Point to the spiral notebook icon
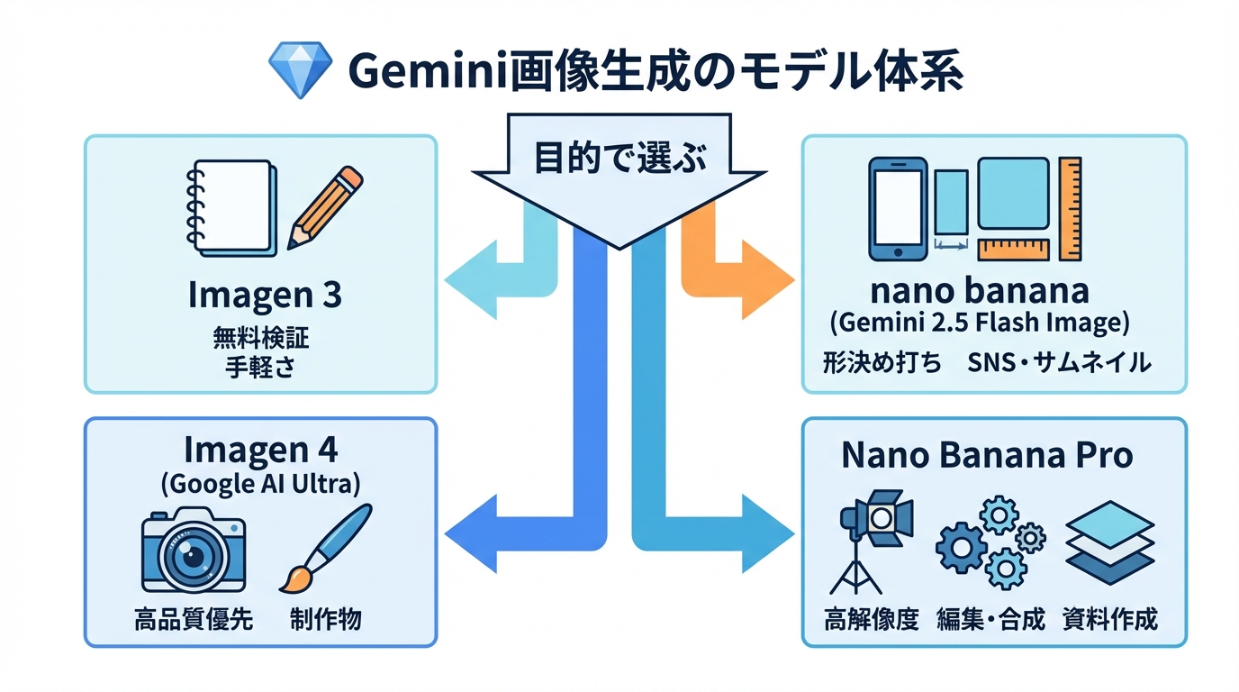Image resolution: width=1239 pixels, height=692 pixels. (x=230, y=207)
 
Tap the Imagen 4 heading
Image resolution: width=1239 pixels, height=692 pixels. (x=261, y=448)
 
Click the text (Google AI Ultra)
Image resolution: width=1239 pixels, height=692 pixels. (x=261, y=484)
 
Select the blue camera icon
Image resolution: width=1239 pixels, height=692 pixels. (x=194, y=550)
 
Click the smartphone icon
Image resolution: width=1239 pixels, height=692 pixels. (x=896, y=208)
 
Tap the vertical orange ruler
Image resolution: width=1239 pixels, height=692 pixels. (x=1070, y=208)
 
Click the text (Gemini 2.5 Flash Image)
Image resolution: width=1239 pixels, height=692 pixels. (x=979, y=322)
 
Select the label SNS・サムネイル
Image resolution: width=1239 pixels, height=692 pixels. (x=1060, y=363)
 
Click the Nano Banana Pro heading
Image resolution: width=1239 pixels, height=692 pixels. (x=986, y=455)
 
